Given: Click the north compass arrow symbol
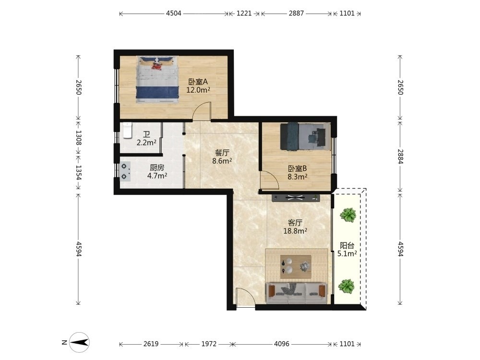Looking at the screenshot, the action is click(80, 342).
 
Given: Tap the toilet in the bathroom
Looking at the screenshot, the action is click(127, 131).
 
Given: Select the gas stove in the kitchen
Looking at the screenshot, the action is click(125, 171).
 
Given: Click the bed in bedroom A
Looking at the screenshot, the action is click(157, 79).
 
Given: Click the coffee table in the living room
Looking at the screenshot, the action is click(296, 266).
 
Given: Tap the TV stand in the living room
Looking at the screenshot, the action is click(296, 198).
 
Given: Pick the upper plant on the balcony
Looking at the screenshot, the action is click(348, 215).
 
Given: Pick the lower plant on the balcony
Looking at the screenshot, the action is click(347, 286).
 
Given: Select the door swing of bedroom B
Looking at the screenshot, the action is click(269, 180).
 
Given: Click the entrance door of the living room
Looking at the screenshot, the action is click(245, 297).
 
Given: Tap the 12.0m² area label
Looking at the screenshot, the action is click(198, 90).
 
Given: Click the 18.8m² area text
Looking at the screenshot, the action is click(295, 231).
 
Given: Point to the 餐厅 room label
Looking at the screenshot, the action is click(222, 153).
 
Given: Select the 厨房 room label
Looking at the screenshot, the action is click(157, 168).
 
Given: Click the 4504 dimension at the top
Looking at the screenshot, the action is click(174, 13).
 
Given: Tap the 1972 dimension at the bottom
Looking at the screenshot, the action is click(209, 344).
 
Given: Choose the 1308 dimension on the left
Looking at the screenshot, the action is click(79, 137).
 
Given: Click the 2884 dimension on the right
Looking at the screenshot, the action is click(400, 156).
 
